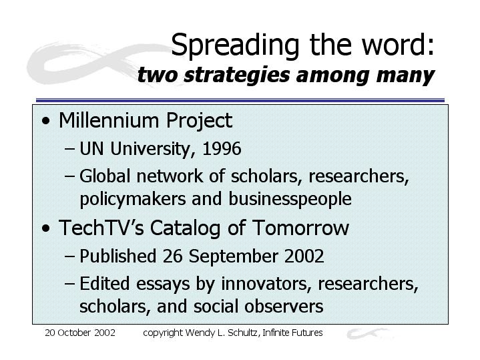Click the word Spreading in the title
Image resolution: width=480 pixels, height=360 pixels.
pyautogui.click(x=235, y=45)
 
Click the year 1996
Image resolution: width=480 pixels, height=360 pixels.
pyautogui.click(x=222, y=148)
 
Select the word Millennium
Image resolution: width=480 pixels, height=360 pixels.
pyautogui.click(x=109, y=120)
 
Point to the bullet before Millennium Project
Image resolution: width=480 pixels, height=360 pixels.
pyautogui.click(x=46, y=121)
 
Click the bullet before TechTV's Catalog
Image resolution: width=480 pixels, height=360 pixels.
pyautogui.click(x=46, y=228)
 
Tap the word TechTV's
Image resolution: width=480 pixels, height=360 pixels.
pyautogui.click(x=101, y=228)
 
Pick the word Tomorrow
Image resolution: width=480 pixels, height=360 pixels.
pyautogui.click(x=300, y=228)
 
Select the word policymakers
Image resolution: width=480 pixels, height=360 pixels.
pyautogui.click(x=133, y=199)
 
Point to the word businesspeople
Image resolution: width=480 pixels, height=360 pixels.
pyautogui.click(x=290, y=199)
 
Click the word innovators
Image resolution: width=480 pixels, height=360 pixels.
pyautogui.click(x=264, y=283)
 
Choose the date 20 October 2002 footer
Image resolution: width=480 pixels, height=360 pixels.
pyautogui.click(x=80, y=333)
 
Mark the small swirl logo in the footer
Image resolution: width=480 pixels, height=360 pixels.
pyautogui.click(x=369, y=333)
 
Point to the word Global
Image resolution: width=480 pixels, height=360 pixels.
pyautogui.click(x=105, y=176)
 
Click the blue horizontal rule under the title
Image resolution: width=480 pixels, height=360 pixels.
pyautogui.click(x=240, y=100)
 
